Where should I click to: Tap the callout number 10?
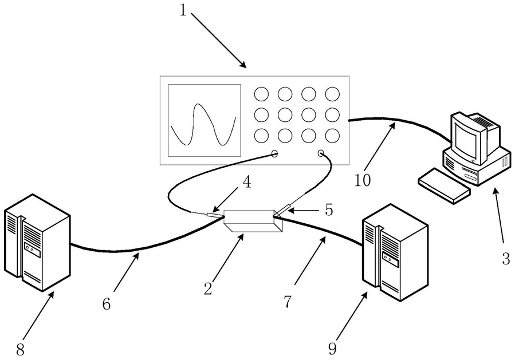click(x=363, y=180)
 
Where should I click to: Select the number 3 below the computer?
click(x=506, y=258)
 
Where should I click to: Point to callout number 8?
click(x=21, y=350)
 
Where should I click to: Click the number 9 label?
click(x=332, y=349)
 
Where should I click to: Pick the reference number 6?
click(x=107, y=304)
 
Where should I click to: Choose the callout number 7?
click(x=288, y=301)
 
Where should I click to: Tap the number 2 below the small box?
click(x=208, y=289)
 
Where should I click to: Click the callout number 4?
click(x=247, y=182)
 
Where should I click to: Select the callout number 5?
click(x=329, y=209)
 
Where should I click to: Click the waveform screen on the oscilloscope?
click(x=205, y=120)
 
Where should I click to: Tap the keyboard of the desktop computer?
click(x=444, y=186)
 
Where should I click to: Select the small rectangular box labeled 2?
click(x=253, y=220)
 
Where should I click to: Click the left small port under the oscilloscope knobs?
click(x=274, y=153)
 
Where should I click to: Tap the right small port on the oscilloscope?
click(x=321, y=153)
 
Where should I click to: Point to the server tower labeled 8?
click(x=37, y=243)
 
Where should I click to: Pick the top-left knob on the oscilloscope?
click(x=261, y=94)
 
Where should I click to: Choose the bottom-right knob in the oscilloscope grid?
click(x=332, y=136)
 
